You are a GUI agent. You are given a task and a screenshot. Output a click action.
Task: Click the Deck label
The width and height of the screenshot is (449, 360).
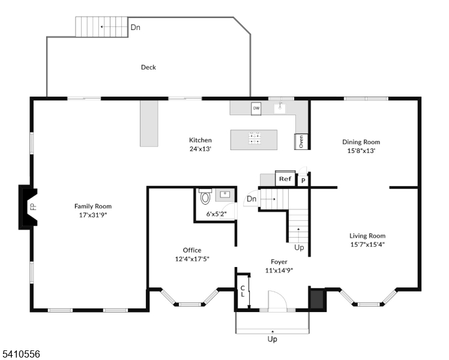pyautogui.click(x=148, y=67)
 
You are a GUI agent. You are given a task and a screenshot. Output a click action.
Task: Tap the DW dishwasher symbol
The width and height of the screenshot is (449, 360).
pyautogui.click(x=256, y=109)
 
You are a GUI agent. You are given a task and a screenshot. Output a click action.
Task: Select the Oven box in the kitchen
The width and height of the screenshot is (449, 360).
pyautogui.click(x=301, y=142)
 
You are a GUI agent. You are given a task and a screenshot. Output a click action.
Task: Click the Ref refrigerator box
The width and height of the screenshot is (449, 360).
pyautogui.click(x=285, y=179)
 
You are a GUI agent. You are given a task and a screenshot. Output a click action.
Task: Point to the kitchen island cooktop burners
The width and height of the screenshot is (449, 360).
pyautogui.click(x=255, y=138)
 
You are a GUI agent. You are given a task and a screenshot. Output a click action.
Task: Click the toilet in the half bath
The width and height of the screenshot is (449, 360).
pyautogui.click(x=205, y=196)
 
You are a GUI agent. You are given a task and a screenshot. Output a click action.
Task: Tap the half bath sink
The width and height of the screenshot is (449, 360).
pyautogui.click(x=224, y=195)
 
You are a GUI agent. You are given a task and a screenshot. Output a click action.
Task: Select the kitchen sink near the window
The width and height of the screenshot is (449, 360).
pyautogui.click(x=280, y=108)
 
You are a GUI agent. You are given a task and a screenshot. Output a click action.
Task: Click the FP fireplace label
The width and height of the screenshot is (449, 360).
pyautogui.click(x=34, y=206)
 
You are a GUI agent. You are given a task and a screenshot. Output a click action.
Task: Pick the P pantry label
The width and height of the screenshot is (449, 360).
pyautogui.click(x=303, y=181)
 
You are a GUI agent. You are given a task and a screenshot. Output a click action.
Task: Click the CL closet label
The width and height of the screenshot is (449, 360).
pyautogui.click(x=243, y=291)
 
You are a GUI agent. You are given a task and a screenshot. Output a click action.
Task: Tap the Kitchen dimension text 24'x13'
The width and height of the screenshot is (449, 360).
pyautogui.click(x=200, y=149)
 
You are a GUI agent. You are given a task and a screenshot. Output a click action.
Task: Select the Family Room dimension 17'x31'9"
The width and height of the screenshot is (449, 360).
pyautogui.click(x=93, y=215)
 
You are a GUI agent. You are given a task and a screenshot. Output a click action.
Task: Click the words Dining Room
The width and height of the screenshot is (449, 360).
pyautogui.click(x=361, y=142)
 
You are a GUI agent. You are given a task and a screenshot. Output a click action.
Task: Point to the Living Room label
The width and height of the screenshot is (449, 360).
pyautogui.click(x=367, y=236)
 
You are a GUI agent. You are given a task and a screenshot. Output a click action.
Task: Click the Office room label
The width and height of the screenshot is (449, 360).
pyautogui.click(x=192, y=250)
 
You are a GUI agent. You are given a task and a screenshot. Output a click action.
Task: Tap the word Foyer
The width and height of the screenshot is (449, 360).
pyautogui.click(x=279, y=262)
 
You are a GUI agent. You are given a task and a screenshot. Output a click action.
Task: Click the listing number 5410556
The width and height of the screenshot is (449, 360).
pyautogui.click(x=20, y=354)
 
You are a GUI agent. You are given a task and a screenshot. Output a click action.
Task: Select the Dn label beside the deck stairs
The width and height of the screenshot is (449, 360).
pyautogui.click(x=136, y=27)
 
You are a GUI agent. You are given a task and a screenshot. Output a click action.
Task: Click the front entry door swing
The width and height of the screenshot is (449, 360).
pyautogui.click(x=277, y=301)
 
